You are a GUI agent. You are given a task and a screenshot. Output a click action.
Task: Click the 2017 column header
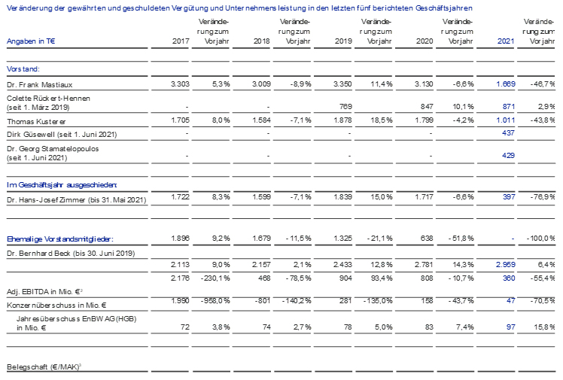point(181,41)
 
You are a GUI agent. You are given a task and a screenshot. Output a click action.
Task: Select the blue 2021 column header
point(506,41)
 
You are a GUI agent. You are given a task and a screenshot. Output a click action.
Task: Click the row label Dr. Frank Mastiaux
point(39,85)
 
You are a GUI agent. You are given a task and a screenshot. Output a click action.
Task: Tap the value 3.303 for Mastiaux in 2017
point(180,84)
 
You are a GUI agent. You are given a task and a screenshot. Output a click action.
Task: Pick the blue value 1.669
point(506,84)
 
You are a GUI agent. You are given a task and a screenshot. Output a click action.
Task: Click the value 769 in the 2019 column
point(345,107)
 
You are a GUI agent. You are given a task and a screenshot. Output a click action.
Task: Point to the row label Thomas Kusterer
point(36,122)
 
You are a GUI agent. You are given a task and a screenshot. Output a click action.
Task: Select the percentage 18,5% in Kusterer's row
point(382,120)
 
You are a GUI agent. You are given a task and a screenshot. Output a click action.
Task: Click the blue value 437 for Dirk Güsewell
point(508,133)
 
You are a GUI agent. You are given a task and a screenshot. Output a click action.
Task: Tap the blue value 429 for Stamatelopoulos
point(508,155)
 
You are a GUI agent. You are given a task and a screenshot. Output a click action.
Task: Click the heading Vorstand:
point(23,69)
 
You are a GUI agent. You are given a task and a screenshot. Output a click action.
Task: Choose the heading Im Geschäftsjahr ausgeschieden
point(62,185)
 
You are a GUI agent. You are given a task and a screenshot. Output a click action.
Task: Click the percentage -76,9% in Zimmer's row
point(543,197)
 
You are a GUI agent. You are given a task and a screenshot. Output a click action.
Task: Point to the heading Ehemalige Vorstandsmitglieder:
point(60,239)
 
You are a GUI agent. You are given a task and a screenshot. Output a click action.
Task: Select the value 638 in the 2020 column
point(427,239)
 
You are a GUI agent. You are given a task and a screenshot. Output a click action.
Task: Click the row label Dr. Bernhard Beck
point(39,254)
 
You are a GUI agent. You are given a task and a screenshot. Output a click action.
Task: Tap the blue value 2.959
point(506,264)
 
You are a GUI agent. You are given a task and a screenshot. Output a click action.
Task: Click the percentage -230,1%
point(215,278)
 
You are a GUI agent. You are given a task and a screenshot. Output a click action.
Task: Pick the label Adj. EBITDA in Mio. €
point(44,292)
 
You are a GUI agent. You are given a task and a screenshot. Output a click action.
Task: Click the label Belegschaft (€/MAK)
point(44,367)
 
